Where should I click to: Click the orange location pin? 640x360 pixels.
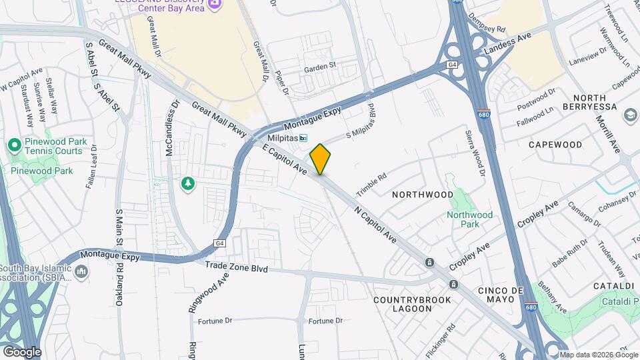click(x=320, y=159)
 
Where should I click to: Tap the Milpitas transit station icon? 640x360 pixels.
click(x=303, y=138)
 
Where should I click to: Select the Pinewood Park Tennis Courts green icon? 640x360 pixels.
click(x=14, y=145)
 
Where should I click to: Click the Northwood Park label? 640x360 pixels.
click(x=469, y=219)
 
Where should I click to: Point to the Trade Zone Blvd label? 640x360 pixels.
click(x=237, y=268)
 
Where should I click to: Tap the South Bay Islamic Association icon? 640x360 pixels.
click(x=81, y=271)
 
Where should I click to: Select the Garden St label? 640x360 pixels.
click(x=320, y=69)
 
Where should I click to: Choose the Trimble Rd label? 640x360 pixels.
click(x=371, y=185)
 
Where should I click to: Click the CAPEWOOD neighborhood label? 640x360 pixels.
click(x=555, y=145)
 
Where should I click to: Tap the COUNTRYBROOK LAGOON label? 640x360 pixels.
click(x=412, y=304)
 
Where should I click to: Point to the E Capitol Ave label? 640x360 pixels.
click(x=285, y=162)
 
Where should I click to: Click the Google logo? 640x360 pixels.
click(x=21, y=351)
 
